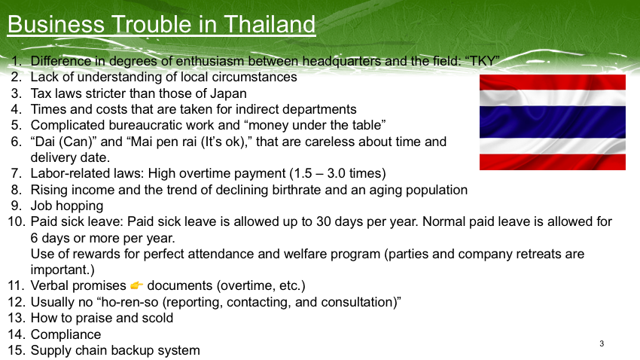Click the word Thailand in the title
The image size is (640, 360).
pyautogui.click(x=270, y=24)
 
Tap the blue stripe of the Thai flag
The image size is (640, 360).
pyautogui.click(x=552, y=122)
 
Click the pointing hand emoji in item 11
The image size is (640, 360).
pyautogui.click(x=137, y=285)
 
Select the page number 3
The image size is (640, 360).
pyautogui.click(x=602, y=343)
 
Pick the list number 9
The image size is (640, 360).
pyautogui.click(x=17, y=206)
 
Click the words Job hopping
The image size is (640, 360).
pyautogui.click(x=67, y=206)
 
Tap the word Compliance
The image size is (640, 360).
pyautogui.click(x=66, y=334)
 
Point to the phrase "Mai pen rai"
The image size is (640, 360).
pyautogui.click(x=162, y=142)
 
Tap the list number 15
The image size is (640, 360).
pyautogui.click(x=17, y=350)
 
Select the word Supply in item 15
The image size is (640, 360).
pyautogui.click(x=50, y=351)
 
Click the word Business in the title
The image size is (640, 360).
pyautogui.click(x=56, y=24)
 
